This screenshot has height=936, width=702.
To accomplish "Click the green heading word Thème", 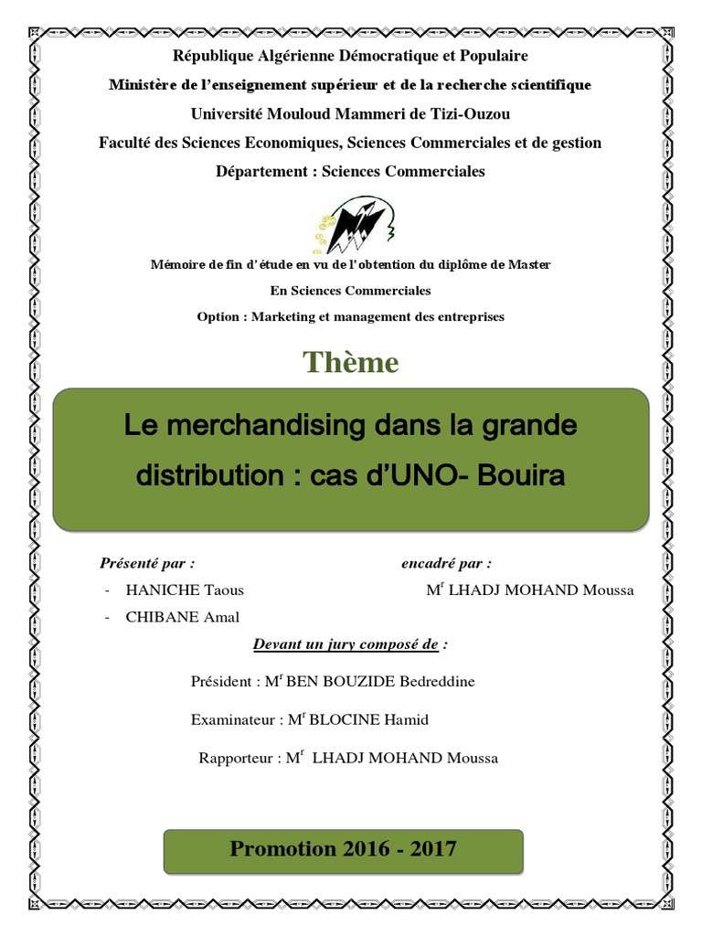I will [351, 363].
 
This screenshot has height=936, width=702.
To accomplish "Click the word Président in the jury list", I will [220, 682].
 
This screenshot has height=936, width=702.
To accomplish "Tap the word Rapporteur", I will [237, 759].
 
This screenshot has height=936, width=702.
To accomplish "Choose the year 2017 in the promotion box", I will [434, 849].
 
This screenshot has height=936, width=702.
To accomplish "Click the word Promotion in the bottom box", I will [283, 849].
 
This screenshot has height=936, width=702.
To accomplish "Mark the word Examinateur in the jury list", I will [234, 720].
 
